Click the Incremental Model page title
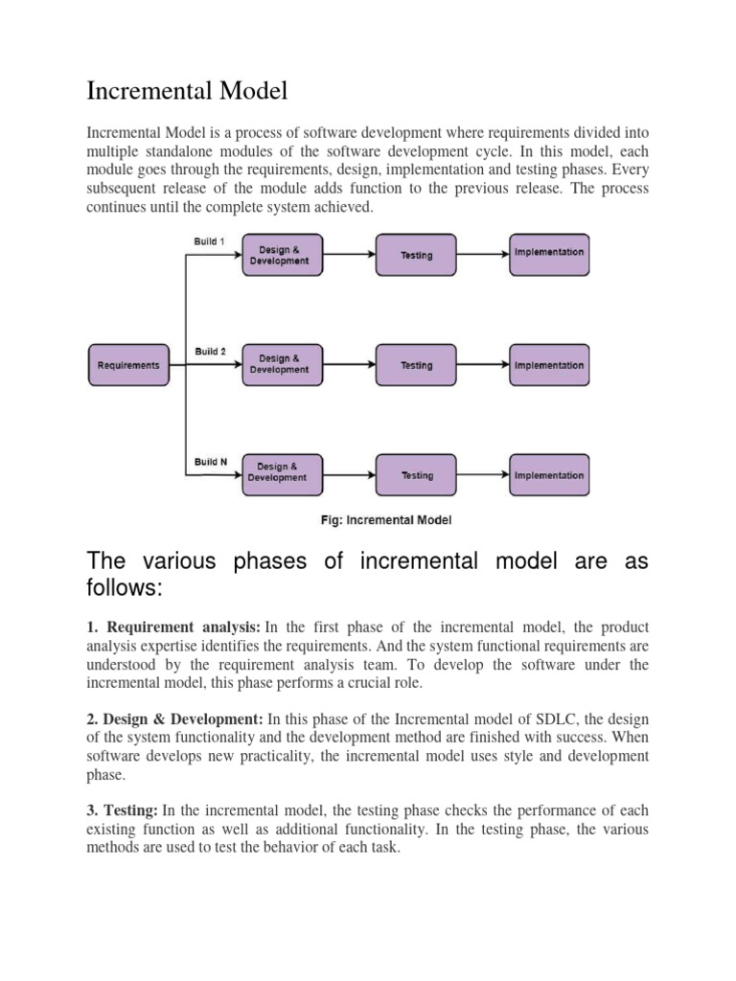tap(187, 92)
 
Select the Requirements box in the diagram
tap(128, 365)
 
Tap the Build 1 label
tap(210, 241)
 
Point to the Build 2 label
tap(210, 352)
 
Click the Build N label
tap(211, 462)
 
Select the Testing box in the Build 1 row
tap(416, 256)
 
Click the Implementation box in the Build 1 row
tap(548, 253)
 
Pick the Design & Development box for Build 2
tap(279, 365)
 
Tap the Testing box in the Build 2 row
tap(416, 365)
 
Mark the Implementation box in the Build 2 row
tap(548, 365)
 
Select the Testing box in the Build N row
tap(416, 475)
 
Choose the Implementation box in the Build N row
tap(548, 475)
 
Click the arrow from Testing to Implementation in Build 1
tap(481, 255)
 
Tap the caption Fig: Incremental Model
tap(384, 520)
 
